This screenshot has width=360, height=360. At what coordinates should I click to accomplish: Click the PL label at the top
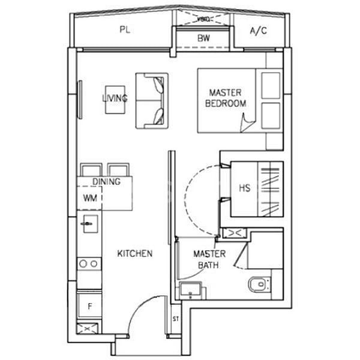(x=124, y=31)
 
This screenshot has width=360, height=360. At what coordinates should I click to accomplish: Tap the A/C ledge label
(x=259, y=31)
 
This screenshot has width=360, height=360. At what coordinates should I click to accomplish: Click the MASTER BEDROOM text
(x=226, y=98)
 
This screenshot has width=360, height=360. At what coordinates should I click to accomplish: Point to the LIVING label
(x=115, y=98)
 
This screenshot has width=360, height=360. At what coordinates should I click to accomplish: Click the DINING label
(x=106, y=181)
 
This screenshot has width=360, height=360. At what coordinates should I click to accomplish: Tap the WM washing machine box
(x=89, y=197)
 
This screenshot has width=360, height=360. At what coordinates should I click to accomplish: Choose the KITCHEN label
(x=135, y=254)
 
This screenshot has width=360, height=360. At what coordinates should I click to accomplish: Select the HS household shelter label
(x=244, y=188)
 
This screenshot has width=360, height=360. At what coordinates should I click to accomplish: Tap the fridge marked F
(x=89, y=307)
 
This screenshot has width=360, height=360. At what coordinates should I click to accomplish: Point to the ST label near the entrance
(x=176, y=318)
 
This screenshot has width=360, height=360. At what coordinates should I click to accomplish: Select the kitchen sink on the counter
(x=87, y=225)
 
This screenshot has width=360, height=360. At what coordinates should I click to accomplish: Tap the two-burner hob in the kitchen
(x=89, y=263)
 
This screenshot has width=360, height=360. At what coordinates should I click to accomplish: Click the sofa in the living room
(x=151, y=100)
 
